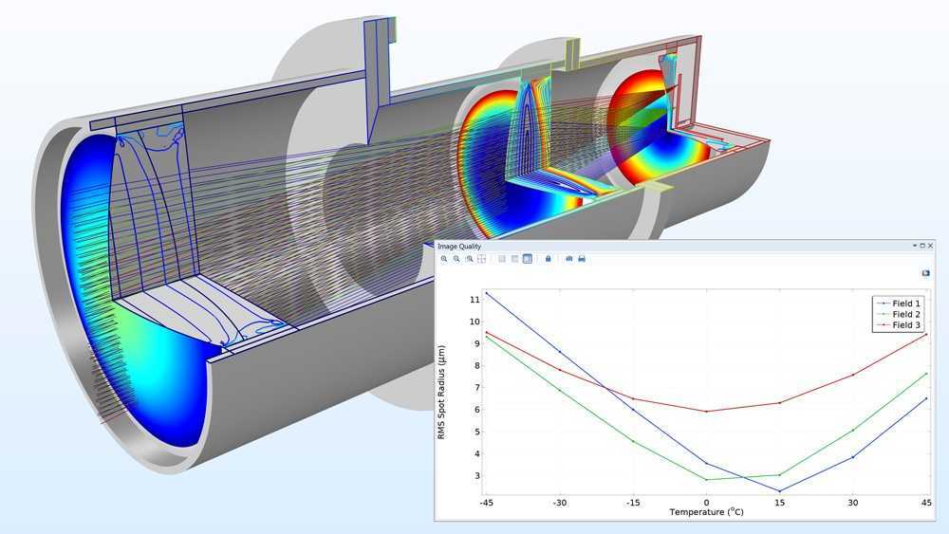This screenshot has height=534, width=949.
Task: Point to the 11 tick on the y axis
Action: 474,300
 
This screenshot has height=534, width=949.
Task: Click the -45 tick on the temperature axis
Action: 487,503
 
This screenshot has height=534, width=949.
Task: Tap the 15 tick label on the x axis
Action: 779,503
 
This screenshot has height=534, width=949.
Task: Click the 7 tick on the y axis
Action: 476,388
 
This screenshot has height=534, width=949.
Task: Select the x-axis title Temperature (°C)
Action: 706,513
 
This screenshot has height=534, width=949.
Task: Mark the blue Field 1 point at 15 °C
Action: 779,491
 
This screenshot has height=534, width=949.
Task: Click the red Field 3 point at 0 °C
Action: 706,412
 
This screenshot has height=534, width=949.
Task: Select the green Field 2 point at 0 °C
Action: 706,480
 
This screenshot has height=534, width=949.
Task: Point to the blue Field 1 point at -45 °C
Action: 487,292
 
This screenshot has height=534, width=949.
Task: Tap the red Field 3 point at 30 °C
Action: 852,375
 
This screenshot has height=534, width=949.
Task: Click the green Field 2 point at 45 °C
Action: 925,373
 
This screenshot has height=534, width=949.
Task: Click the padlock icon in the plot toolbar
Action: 548,259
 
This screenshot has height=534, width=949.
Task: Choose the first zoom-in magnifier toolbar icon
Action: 444,259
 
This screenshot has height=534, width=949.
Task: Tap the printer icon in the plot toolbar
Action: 582,259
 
